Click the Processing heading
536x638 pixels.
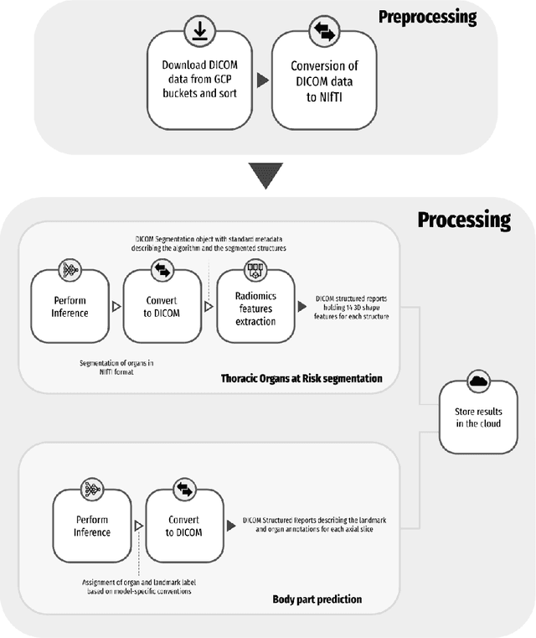tap(463, 220)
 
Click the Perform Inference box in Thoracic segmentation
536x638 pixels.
tap(70, 307)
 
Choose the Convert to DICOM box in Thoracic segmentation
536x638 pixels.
tap(161, 307)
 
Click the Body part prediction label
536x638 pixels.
tap(317, 599)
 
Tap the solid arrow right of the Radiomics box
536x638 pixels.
tap(302, 307)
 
